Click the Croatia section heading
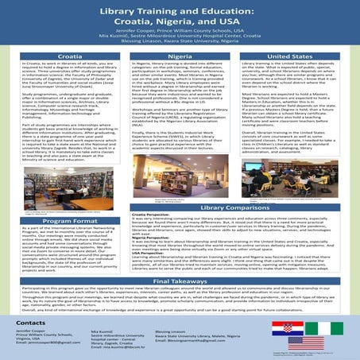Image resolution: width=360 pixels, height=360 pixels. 60,58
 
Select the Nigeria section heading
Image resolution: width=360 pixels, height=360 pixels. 180,58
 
